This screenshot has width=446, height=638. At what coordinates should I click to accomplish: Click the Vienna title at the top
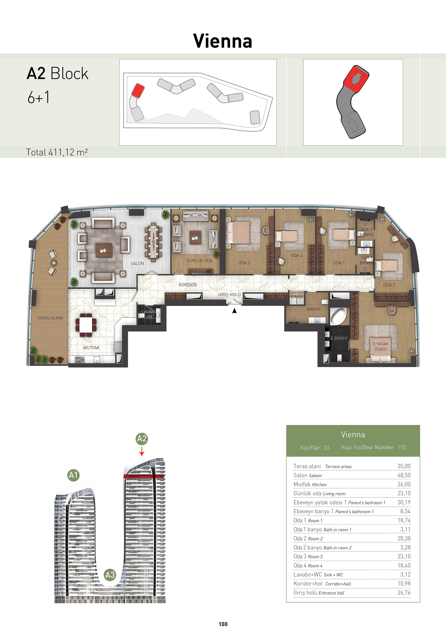tap(223, 41)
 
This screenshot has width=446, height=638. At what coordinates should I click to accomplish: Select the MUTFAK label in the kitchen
tap(91, 348)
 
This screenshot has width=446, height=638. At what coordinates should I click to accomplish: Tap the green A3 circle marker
tap(110, 575)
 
